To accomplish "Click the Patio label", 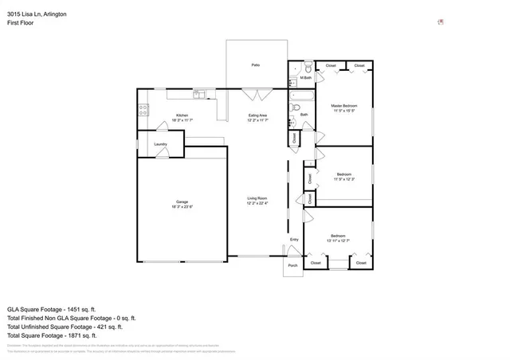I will pyautogui.click(x=256, y=65).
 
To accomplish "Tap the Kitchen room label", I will pyautogui.click(x=182, y=115).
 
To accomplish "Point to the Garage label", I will pyautogui.click(x=182, y=202).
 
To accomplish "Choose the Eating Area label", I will pyautogui.click(x=257, y=115).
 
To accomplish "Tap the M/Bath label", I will pyautogui.click(x=305, y=77).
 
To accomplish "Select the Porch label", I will pyautogui.click(x=292, y=265).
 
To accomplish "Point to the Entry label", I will pyautogui.click(x=294, y=239).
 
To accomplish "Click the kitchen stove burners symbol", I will pyautogui.click(x=143, y=112).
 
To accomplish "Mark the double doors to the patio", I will pyautogui.click(x=256, y=95).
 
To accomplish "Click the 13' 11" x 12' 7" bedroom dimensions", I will pyautogui.click(x=339, y=241).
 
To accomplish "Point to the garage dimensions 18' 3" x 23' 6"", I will pyautogui.click(x=182, y=206).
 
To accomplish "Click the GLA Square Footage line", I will pyautogui.click(x=52, y=309).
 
